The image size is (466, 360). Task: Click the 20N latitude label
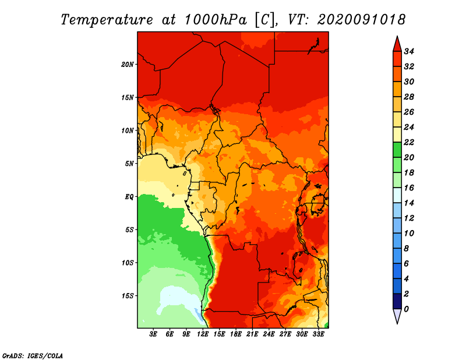128,65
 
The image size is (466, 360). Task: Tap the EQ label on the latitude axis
129,197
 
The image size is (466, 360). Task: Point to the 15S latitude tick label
128,296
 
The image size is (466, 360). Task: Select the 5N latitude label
129,164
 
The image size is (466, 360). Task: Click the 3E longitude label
153,334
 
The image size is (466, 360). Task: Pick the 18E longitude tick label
236,334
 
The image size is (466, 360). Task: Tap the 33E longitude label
318,334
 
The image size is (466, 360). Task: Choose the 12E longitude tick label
203,334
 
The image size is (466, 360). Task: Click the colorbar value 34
409,51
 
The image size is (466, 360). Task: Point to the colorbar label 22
409,142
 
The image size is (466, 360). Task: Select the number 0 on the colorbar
406,309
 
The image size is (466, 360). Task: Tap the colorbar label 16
409,188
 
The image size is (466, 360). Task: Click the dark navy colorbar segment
397,301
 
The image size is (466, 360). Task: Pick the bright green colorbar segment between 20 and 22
397,150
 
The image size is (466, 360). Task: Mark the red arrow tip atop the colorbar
397,37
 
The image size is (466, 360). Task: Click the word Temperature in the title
107,20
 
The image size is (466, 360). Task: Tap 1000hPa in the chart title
216,20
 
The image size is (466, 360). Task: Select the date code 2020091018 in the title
361,20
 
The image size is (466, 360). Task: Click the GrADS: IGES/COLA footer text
33,356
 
